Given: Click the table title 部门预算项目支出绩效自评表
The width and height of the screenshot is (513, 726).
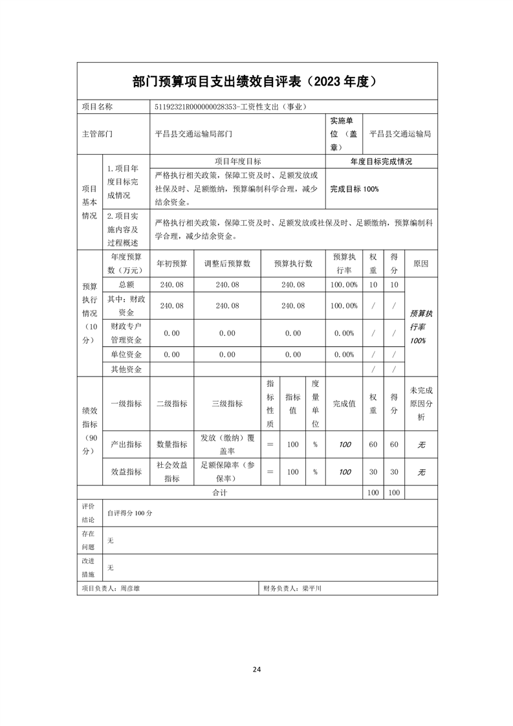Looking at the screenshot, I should point(218,82).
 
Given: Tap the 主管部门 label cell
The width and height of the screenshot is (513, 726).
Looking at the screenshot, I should point(97,135).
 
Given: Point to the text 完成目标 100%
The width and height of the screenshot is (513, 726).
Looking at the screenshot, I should point(354,189).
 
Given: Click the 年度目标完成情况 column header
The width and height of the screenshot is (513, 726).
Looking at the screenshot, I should point(381,162).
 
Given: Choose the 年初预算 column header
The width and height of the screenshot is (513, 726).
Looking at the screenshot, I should point(171,263).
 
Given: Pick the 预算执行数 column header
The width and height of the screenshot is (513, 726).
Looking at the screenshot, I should point(293,263).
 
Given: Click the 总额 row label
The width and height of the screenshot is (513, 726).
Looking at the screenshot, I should point(126,285).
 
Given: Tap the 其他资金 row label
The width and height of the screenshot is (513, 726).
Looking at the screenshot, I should point(126,369).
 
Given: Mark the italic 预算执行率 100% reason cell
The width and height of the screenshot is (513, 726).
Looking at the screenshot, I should point(421,327).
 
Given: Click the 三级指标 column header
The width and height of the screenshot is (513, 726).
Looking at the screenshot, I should point(227,403).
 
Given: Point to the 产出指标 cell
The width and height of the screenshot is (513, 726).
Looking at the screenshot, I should point(126,445).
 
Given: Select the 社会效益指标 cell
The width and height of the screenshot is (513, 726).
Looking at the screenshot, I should point(171,472).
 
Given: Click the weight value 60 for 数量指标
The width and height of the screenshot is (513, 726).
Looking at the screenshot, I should point(373,445).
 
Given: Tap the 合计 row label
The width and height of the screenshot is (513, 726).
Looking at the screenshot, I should point(220,493).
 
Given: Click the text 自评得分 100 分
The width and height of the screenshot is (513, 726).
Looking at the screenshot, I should point(129,512).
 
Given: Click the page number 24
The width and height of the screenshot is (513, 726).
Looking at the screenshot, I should point(257,670).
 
